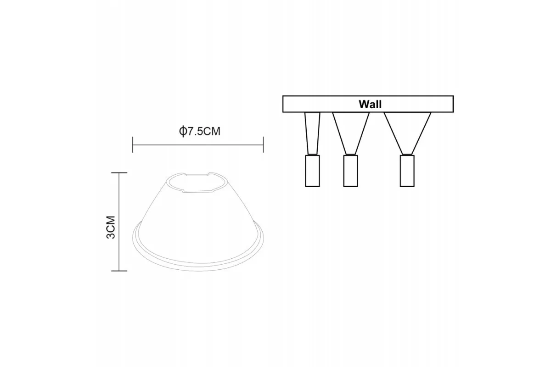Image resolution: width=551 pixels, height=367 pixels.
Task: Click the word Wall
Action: point(370,104)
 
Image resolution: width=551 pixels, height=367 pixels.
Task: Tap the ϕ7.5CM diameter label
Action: point(199,131)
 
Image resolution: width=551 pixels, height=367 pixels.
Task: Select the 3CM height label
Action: point(111,227)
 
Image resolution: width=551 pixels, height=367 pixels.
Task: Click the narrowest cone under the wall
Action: point(312,133)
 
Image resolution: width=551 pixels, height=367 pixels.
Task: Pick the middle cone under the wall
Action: point(351,133)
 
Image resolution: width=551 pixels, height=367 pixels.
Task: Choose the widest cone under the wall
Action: point(407,133)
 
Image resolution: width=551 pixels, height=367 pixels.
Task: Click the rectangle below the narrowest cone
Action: point(312,171)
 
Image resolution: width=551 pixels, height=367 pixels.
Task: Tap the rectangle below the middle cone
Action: point(350,171)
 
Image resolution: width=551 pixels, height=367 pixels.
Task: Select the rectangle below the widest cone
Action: point(407,171)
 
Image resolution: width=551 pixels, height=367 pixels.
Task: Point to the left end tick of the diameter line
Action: point(133,145)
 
